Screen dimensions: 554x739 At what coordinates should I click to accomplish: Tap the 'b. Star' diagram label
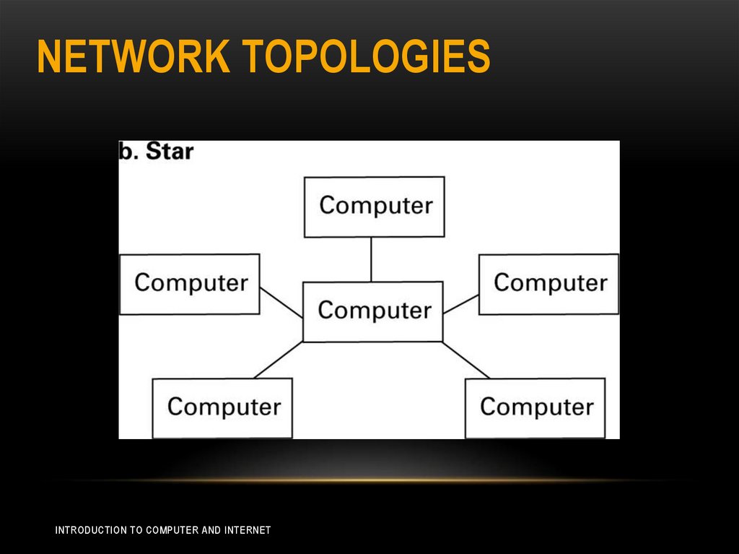coord(157,152)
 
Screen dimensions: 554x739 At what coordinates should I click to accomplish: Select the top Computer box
coord(374,207)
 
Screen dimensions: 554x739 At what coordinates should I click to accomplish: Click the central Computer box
coord(372,311)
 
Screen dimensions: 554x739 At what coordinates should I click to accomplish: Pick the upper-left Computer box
coord(190,283)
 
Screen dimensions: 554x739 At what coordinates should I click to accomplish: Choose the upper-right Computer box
coord(548,283)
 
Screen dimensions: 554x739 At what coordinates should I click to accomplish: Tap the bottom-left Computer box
coord(222,407)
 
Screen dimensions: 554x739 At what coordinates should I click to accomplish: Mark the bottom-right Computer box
coord(535,407)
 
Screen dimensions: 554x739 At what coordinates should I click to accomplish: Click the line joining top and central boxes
coord(372,259)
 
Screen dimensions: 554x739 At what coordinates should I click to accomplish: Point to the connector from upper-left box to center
coord(281,303)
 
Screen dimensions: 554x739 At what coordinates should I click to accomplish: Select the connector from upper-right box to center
coord(461,303)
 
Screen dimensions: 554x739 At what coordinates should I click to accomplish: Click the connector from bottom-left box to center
coord(279,360)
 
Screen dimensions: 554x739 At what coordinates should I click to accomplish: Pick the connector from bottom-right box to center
coord(466,360)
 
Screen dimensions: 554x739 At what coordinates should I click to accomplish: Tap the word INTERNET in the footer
coord(248,530)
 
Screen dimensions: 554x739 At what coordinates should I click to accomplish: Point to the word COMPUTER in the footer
coord(172,530)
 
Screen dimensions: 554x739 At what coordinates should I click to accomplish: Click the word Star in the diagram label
coord(170,152)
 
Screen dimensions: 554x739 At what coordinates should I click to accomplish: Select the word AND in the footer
coord(211,530)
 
